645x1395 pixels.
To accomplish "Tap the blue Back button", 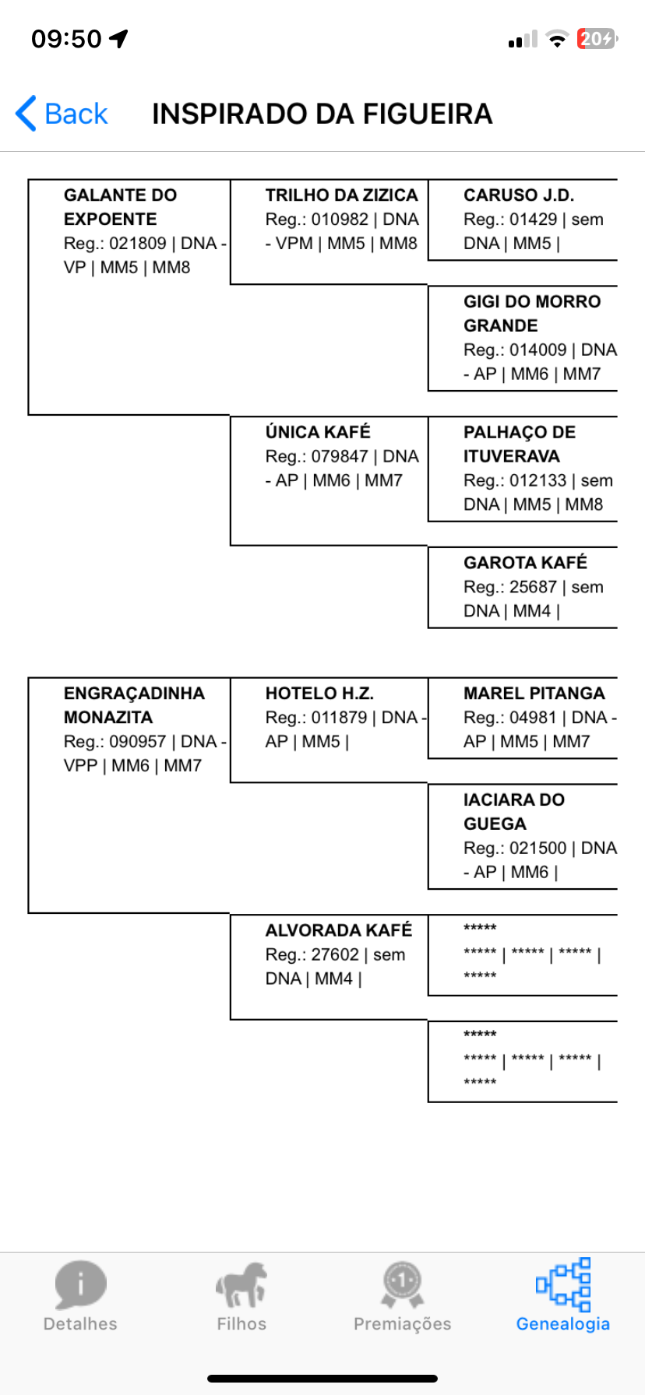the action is pos(62,114).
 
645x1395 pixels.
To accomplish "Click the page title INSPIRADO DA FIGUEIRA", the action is pos(322,114).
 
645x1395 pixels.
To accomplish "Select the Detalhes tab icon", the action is pos(80,1284).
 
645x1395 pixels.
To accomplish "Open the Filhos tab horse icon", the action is pos(241,1284).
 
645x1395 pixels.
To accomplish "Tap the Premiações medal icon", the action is pos(403,1284).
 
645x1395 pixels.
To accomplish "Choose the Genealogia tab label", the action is pos(563,1324).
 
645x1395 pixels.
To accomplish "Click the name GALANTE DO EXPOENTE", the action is pos(121,207).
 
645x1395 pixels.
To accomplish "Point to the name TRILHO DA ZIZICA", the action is pos(341,195).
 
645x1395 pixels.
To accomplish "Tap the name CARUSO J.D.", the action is pos(519,195).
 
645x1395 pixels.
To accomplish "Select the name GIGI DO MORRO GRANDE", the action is pos(532,314).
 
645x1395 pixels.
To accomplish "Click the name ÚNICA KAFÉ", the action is pos(318,432).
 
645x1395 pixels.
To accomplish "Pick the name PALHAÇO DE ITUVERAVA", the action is pos(520,444).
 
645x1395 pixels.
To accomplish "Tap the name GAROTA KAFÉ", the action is pos(525,562).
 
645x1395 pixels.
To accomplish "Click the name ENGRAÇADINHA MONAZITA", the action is pos(134,705).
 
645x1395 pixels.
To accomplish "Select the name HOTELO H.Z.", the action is pos(319,694).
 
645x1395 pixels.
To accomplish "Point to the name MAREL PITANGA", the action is pos(534,694).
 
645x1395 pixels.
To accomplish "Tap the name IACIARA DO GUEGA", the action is pos(514,812).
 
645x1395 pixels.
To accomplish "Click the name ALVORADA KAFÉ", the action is pos(339,930).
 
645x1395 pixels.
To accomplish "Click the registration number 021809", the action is pos(138,244).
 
